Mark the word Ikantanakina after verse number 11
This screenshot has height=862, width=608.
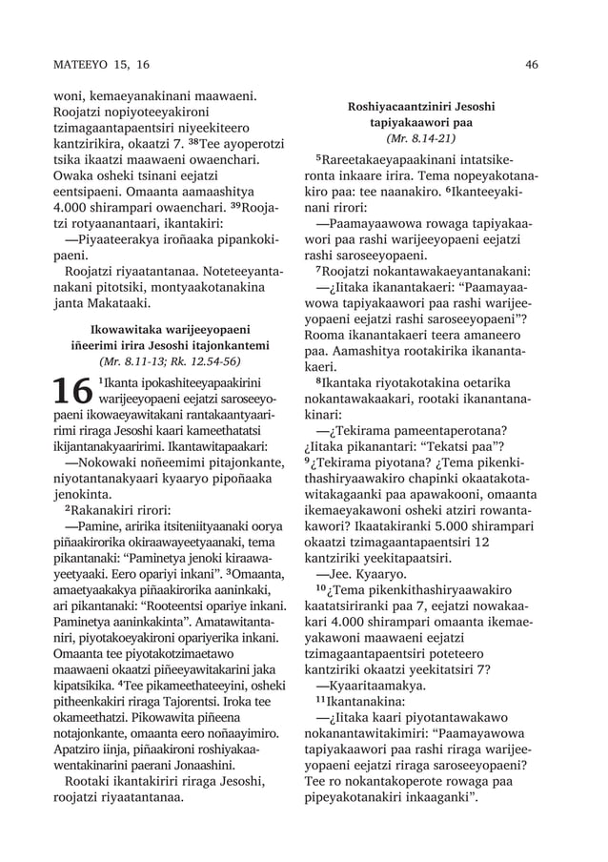(369, 701)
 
